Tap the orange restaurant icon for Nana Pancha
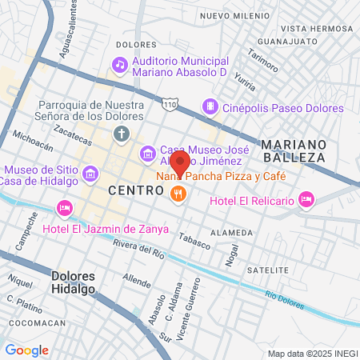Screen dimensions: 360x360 tap(178, 192)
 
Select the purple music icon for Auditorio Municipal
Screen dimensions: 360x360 tap(120, 64)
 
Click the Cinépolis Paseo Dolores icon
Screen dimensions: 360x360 tap(210, 106)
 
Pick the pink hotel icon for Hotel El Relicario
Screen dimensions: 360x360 tap(306, 199)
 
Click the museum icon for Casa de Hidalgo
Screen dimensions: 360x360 tap(90, 172)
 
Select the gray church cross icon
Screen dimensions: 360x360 tap(121, 133)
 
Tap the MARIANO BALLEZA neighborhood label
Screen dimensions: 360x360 tap(294, 150)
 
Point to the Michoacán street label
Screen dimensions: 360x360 tap(34, 142)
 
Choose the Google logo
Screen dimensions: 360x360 tap(27, 350)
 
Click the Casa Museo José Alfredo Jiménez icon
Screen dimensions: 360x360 tap(148, 153)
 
